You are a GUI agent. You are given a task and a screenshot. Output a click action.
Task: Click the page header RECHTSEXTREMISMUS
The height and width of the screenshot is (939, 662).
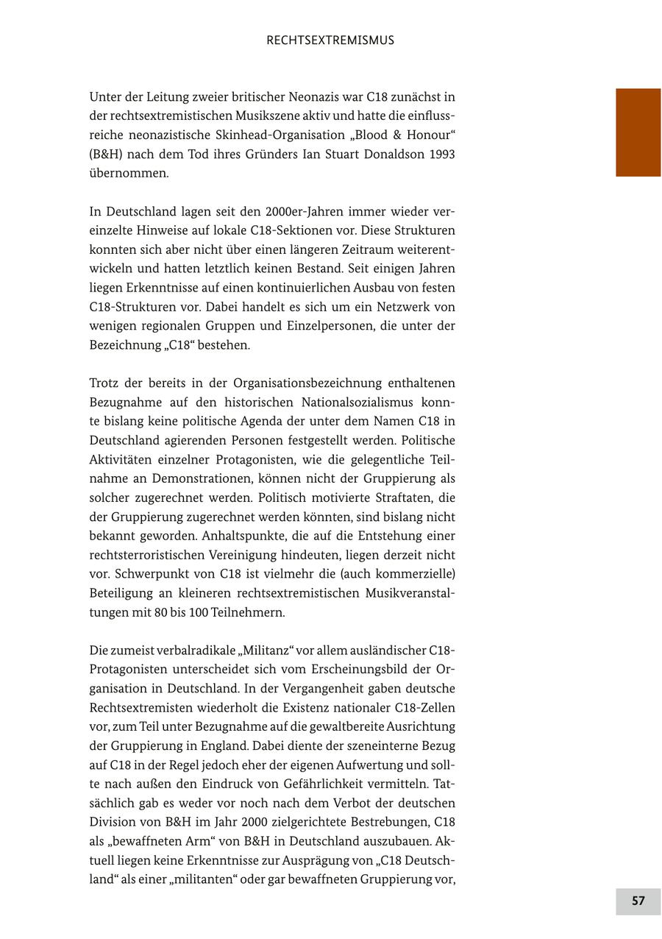pos(330,40)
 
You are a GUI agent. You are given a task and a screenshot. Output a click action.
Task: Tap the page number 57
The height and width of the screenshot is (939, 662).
pos(638,901)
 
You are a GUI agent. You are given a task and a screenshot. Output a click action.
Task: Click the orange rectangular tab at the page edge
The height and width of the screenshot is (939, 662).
pos(638,132)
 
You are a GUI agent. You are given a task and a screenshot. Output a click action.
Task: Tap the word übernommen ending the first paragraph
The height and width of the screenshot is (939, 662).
pos(128,174)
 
